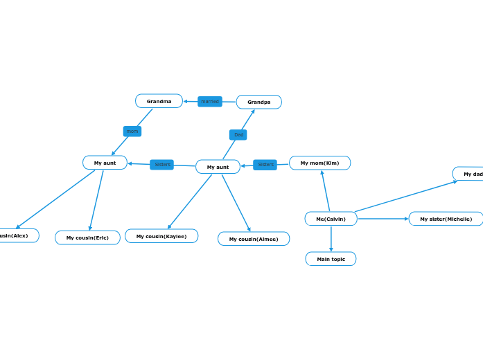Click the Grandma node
[x=159, y=101]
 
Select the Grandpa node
[x=258, y=102]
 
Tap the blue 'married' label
[x=210, y=102]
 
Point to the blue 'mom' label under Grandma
[x=132, y=131]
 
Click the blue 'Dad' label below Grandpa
[x=238, y=134]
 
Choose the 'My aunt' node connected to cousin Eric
[x=105, y=163]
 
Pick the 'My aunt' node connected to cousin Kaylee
[x=218, y=167]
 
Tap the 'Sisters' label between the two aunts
[x=162, y=165]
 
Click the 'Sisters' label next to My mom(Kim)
[x=265, y=165]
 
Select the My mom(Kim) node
[x=319, y=163]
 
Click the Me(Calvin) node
[x=331, y=219]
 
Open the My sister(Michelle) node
[x=446, y=219]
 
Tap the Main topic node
[x=331, y=259]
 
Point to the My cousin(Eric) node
[x=87, y=237]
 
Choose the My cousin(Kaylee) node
[x=161, y=236]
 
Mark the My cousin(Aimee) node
[x=254, y=239]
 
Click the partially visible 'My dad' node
[x=470, y=174]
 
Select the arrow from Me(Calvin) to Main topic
[x=331, y=239]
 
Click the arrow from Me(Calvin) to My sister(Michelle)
[x=383, y=219]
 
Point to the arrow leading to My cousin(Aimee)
[x=236, y=203]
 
